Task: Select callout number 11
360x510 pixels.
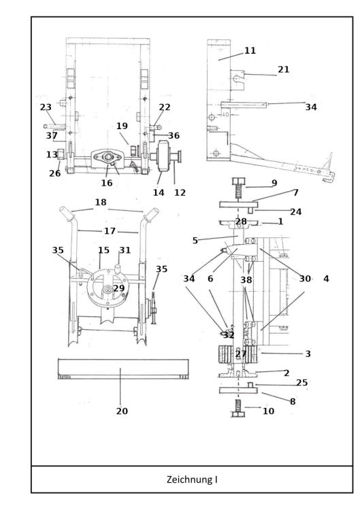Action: click(231, 50)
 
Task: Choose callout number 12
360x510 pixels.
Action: click(179, 192)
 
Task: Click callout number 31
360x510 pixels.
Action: click(125, 250)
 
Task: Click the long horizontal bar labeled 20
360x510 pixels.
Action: click(122, 371)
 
